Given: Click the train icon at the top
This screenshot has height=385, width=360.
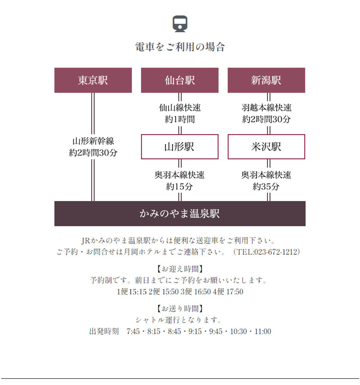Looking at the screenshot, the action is (180, 24).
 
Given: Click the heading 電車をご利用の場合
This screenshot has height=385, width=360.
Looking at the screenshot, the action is (180, 47).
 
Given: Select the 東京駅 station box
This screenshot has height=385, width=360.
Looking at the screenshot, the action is (93, 80).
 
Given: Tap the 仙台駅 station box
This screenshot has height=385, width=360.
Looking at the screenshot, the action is (180, 80).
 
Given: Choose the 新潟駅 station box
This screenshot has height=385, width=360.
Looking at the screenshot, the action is (266, 80).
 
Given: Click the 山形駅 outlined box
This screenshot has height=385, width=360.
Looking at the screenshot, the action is (180, 147).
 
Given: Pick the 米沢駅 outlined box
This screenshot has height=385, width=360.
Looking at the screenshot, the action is (266, 147).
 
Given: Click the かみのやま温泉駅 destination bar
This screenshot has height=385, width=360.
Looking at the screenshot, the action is (180, 214).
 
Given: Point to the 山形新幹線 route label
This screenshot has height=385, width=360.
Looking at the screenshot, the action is (93, 141).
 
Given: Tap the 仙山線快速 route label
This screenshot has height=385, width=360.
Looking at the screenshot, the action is (180, 108).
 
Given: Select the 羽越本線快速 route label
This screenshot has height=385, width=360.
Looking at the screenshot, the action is (266, 108).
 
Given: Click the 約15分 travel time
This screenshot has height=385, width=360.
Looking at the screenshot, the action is (179, 187).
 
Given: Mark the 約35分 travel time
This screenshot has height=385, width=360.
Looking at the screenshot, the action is (266, 187).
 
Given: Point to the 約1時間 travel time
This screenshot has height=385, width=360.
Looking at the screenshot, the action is (180, 119).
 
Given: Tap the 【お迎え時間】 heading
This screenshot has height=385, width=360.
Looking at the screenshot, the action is (180, 269).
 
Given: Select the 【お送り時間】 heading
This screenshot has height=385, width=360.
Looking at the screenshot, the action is (180, 309).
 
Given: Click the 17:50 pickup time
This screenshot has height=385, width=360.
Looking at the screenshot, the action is (235, 292).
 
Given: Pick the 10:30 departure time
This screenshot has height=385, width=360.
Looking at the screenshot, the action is (238, 332).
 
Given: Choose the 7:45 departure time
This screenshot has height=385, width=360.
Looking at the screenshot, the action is (133, 332).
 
